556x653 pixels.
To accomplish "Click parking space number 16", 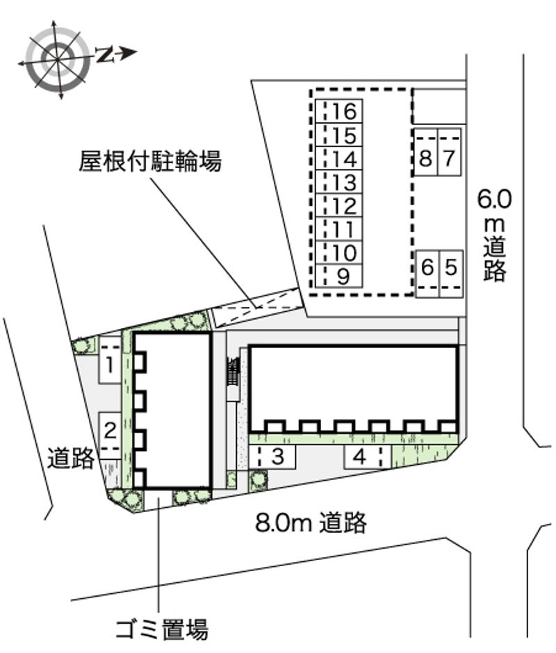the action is [x=338, y=111].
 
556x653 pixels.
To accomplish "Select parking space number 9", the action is [x=338, y=276].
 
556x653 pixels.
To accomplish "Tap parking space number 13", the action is [x=338, y=182].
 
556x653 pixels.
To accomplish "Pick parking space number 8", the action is [x=425, y=152].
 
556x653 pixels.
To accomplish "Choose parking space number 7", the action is [x=449, y=152].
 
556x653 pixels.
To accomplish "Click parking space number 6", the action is [x=427, y=274].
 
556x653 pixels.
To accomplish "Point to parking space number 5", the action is [x=451, y=274].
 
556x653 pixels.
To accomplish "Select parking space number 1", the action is [x=110, y=359].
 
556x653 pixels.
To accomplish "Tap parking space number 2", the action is [x=110, y=436].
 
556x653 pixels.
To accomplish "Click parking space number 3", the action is [x=272, y=456].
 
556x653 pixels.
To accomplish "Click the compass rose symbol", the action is [x=58, y=60].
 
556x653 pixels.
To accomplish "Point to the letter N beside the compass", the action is [x=105, y=54].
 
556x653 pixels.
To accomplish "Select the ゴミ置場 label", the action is [x=162, y=629].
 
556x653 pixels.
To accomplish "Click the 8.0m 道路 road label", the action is [x=311, y=522].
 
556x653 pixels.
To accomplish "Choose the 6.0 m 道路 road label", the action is [x=495, y=235].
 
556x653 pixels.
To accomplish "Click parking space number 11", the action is [x=338, y=229].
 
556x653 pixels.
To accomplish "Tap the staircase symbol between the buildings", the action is [x=233, y=371].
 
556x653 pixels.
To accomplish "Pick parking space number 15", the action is [x=338, y=135].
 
